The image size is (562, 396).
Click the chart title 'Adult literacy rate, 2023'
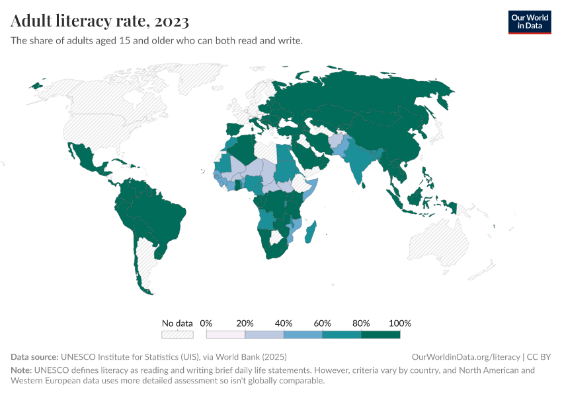100,21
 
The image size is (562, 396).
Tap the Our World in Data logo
529,22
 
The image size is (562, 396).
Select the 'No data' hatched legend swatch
177,335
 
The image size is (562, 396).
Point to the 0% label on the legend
206,323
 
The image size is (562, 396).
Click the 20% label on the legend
245,323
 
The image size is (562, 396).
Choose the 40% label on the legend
284,323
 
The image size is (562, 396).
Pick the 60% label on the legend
322,323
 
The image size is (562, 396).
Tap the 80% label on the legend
361,323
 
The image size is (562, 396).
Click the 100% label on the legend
400,323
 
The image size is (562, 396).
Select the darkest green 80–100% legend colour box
381,335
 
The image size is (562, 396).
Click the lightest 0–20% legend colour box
225,335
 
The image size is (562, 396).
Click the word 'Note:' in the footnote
22,370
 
